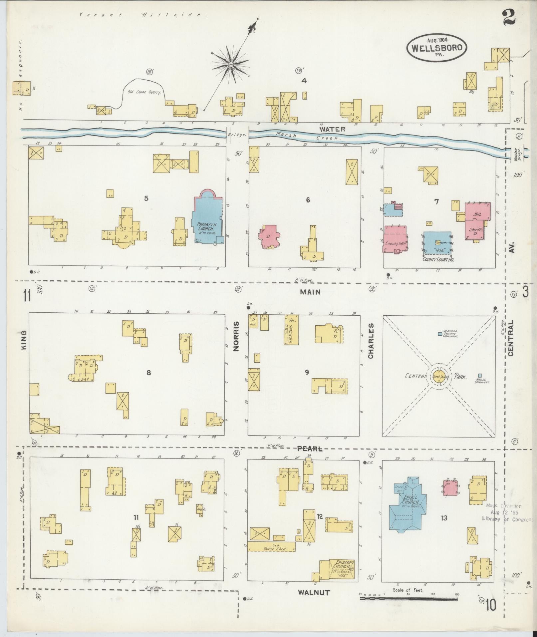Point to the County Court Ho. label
[x=438, y=259]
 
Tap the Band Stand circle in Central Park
[x=441, y=377]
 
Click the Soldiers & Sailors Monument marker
[x=440, y=333]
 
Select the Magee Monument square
[x=480, y=375]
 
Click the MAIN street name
[x=310, y=292]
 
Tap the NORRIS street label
[x=236, y=336]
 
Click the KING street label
[x=24, y=340]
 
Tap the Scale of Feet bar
[x=408, y=598]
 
